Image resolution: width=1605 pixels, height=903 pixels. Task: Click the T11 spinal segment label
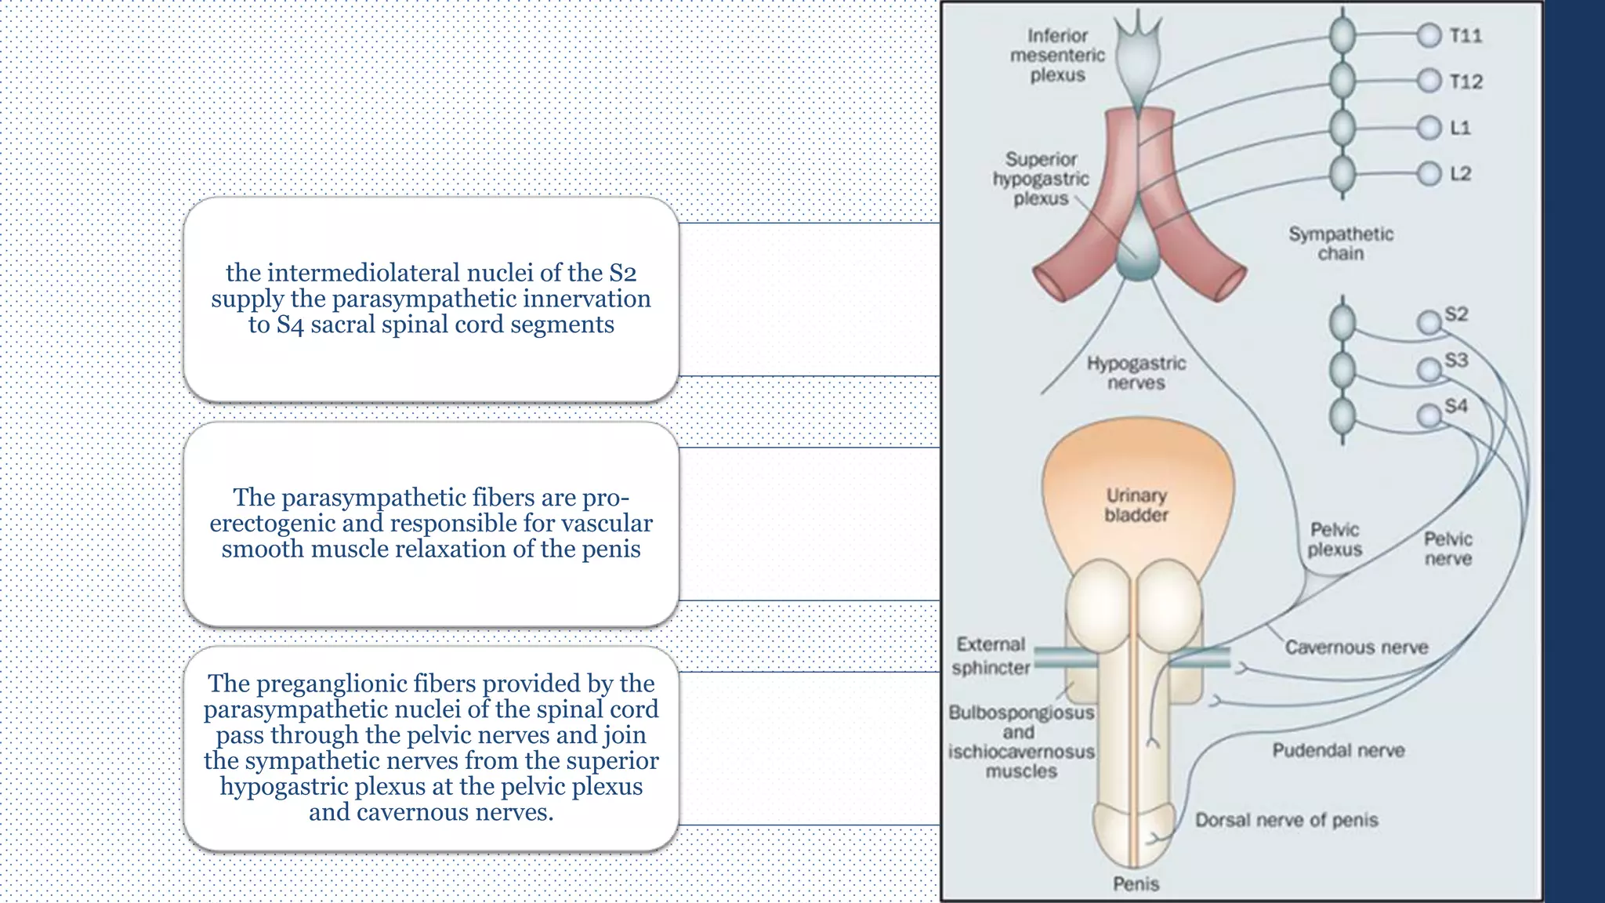[x=1465, y=35]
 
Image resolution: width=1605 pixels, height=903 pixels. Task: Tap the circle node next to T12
[x=1429, y=81]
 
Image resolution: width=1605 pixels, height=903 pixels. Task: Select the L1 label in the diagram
[x=1460, y=127]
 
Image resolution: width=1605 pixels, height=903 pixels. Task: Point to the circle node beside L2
[x=1429, y=173]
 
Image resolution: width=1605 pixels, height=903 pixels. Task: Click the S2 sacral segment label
[x=1456, y=314]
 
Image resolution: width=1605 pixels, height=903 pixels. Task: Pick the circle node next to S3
[x=1429, y=369]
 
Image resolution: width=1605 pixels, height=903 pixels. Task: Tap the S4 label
[x=1456, y=406]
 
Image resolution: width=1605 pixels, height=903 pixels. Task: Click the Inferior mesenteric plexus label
[x=1057, y=56]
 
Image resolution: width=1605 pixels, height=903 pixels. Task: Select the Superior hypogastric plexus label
[x=1041, y=179]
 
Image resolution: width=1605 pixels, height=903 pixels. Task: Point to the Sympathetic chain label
[x=1341, y=244]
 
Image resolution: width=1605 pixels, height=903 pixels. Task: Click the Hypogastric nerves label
[x=1136, y=373]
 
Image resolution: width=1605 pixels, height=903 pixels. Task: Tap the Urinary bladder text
[x=1136, y=505]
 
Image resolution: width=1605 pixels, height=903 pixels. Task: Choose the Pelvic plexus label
[x=1335, y=539]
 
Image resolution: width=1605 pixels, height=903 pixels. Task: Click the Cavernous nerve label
[x=1356, y=647]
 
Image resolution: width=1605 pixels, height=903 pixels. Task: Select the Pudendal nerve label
[x=1338, y=751]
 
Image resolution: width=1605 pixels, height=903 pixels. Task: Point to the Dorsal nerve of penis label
[x=1286, y=820]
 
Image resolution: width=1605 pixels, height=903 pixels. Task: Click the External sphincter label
[x=991, y=656]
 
